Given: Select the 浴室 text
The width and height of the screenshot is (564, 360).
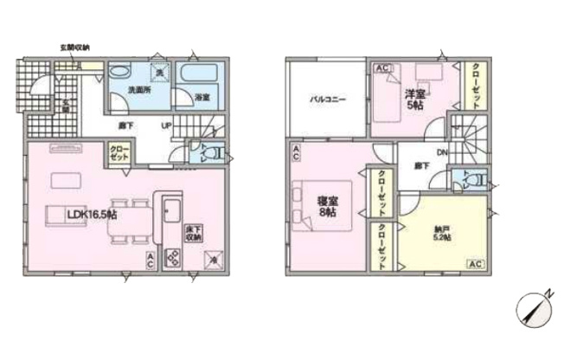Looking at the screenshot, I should [x=203, y=96].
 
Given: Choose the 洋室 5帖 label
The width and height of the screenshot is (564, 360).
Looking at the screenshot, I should [x=414, y=99].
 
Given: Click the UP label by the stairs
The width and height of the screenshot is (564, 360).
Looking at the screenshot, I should [x=165, y=125].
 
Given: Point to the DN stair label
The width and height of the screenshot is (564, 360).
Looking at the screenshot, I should [x=441, y=153].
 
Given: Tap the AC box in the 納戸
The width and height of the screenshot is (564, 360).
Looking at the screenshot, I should [x=475, y=262].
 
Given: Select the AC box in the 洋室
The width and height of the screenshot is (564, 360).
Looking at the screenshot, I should [x=381, y=68].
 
